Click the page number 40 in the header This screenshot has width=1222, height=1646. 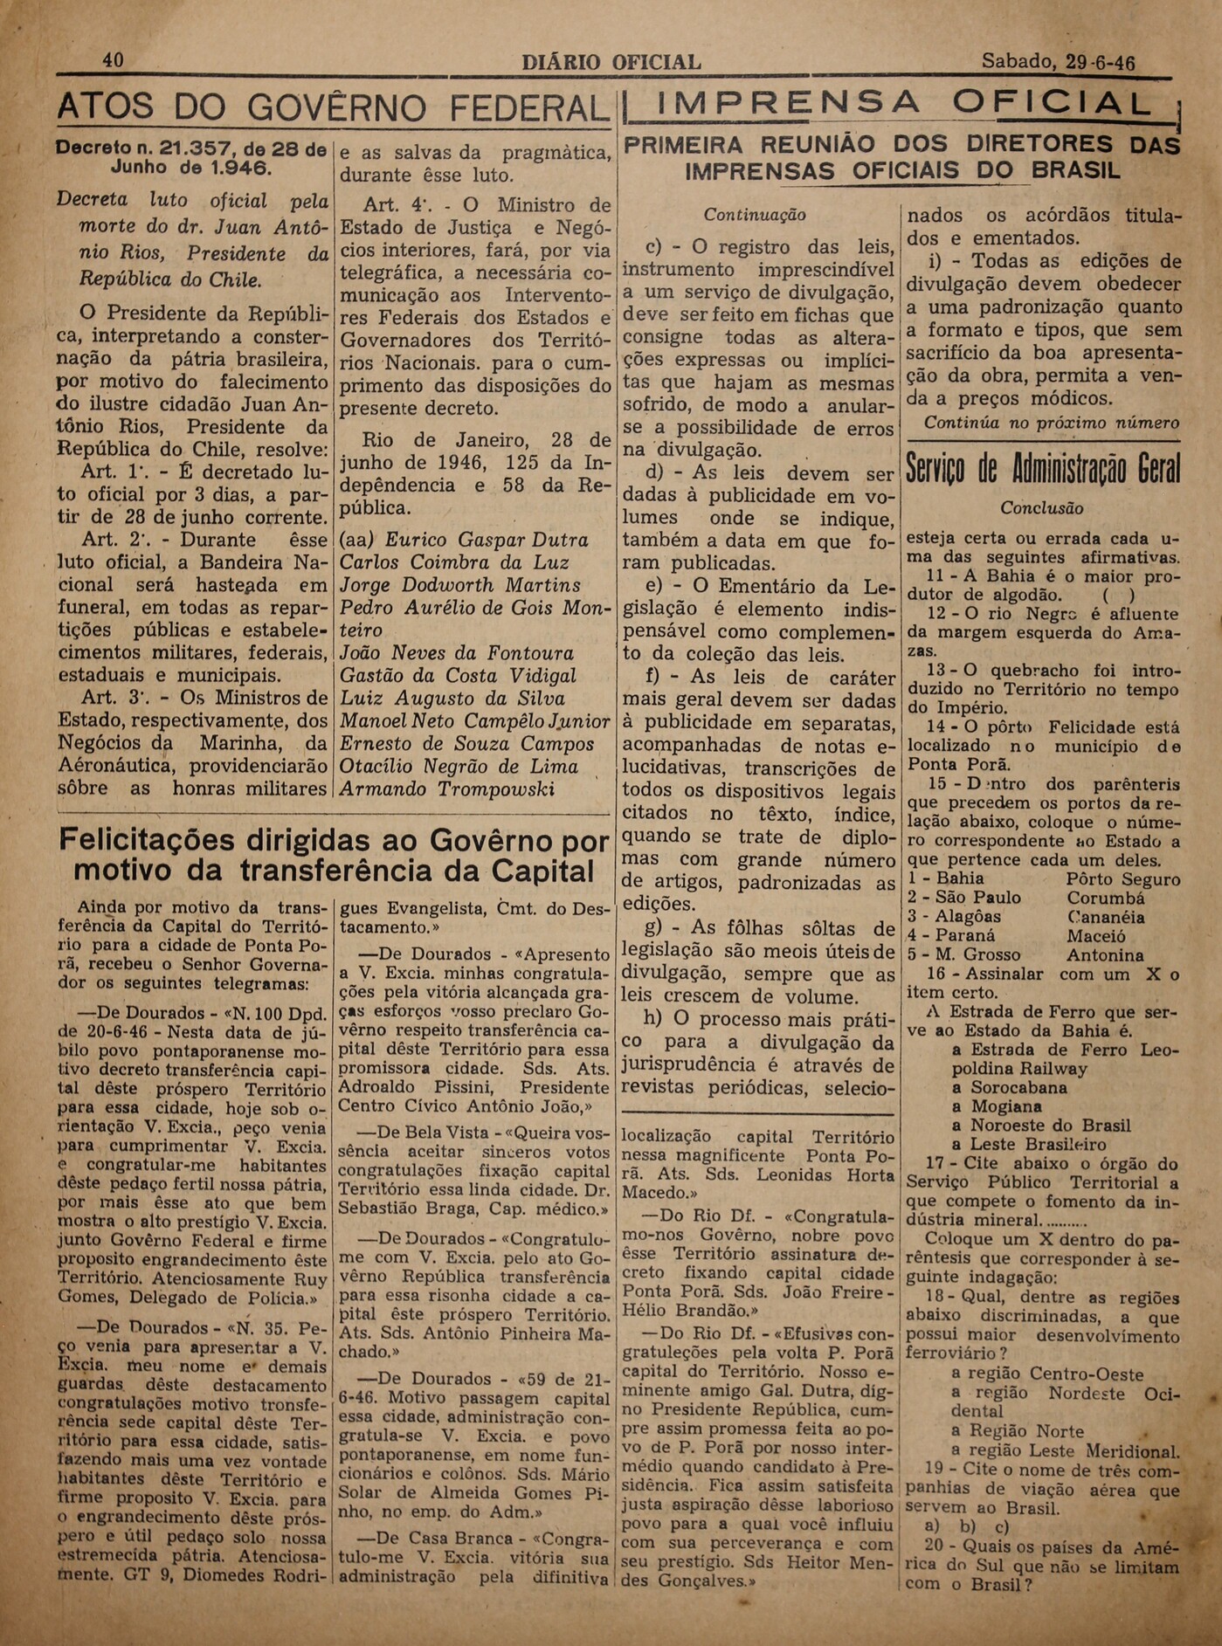pyautogui.click(x=113, y=60)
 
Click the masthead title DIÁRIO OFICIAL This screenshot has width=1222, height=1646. pyautogui.click(x=611, y=62)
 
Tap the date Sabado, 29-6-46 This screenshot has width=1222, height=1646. pyautogui.click(x=1058, y=61)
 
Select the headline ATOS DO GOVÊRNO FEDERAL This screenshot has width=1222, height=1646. pyautogui.click(x=333, y=108)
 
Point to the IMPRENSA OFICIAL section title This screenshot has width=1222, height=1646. pyautogui.click(x=900, y=104)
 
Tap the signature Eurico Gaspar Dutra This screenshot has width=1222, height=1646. pyautogui.click(x=487, y=540)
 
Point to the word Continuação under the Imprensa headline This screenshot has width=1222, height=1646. pyautogui.click(x=755, y=214)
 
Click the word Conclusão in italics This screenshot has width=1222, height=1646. pyautogui.click(x=1042, y=507)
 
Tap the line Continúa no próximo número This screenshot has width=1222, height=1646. pyautogui.click(x=1051, y=423)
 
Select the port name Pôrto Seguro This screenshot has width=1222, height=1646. pyautogui.click(x=1122, y=879)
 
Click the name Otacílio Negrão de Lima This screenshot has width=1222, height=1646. pyautogui.click(x=459, y=767)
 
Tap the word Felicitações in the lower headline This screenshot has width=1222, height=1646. pyautogui.click(x=146, y=841)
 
